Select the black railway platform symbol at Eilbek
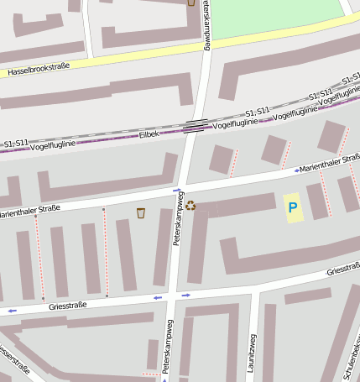[195, 127]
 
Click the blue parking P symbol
[293, 207]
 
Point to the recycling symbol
[190, 205]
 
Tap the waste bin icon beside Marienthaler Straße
[140, 212]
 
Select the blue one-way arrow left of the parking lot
[296, 170]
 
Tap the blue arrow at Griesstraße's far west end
[12, 311]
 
